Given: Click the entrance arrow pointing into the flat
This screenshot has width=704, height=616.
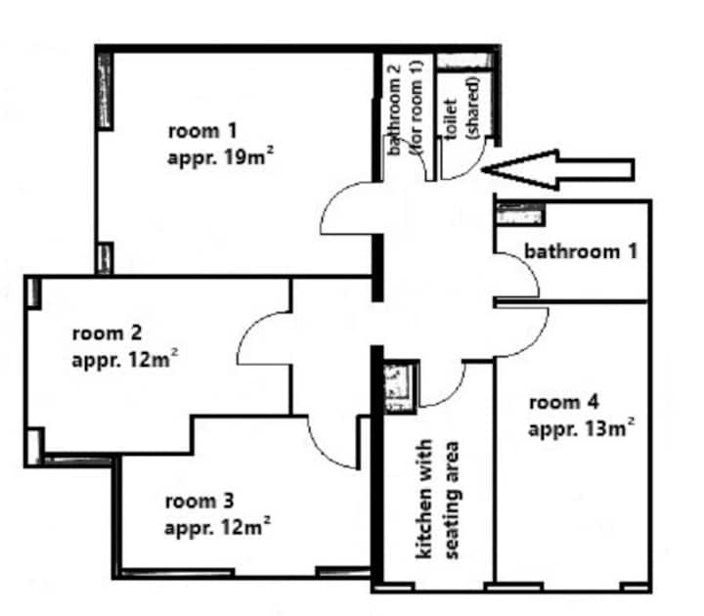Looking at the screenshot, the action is (558, 170).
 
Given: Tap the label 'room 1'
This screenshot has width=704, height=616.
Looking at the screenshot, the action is (202, 131).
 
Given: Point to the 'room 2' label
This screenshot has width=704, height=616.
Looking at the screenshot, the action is (107, 333).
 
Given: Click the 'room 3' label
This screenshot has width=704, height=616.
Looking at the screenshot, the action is (199, 501).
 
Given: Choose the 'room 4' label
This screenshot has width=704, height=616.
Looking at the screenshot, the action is (564, 402).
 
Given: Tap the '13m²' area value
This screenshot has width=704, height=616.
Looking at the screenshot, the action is (610, 428).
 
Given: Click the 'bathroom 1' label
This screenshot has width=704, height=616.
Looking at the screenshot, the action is (581, 251).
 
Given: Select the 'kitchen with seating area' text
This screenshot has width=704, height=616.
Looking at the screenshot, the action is (437, 500).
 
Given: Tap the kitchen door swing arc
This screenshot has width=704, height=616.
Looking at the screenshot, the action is (454, 395).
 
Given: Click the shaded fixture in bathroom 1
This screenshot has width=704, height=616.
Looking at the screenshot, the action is (521, 214).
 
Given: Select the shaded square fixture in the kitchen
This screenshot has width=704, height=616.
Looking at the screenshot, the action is (400, 386).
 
